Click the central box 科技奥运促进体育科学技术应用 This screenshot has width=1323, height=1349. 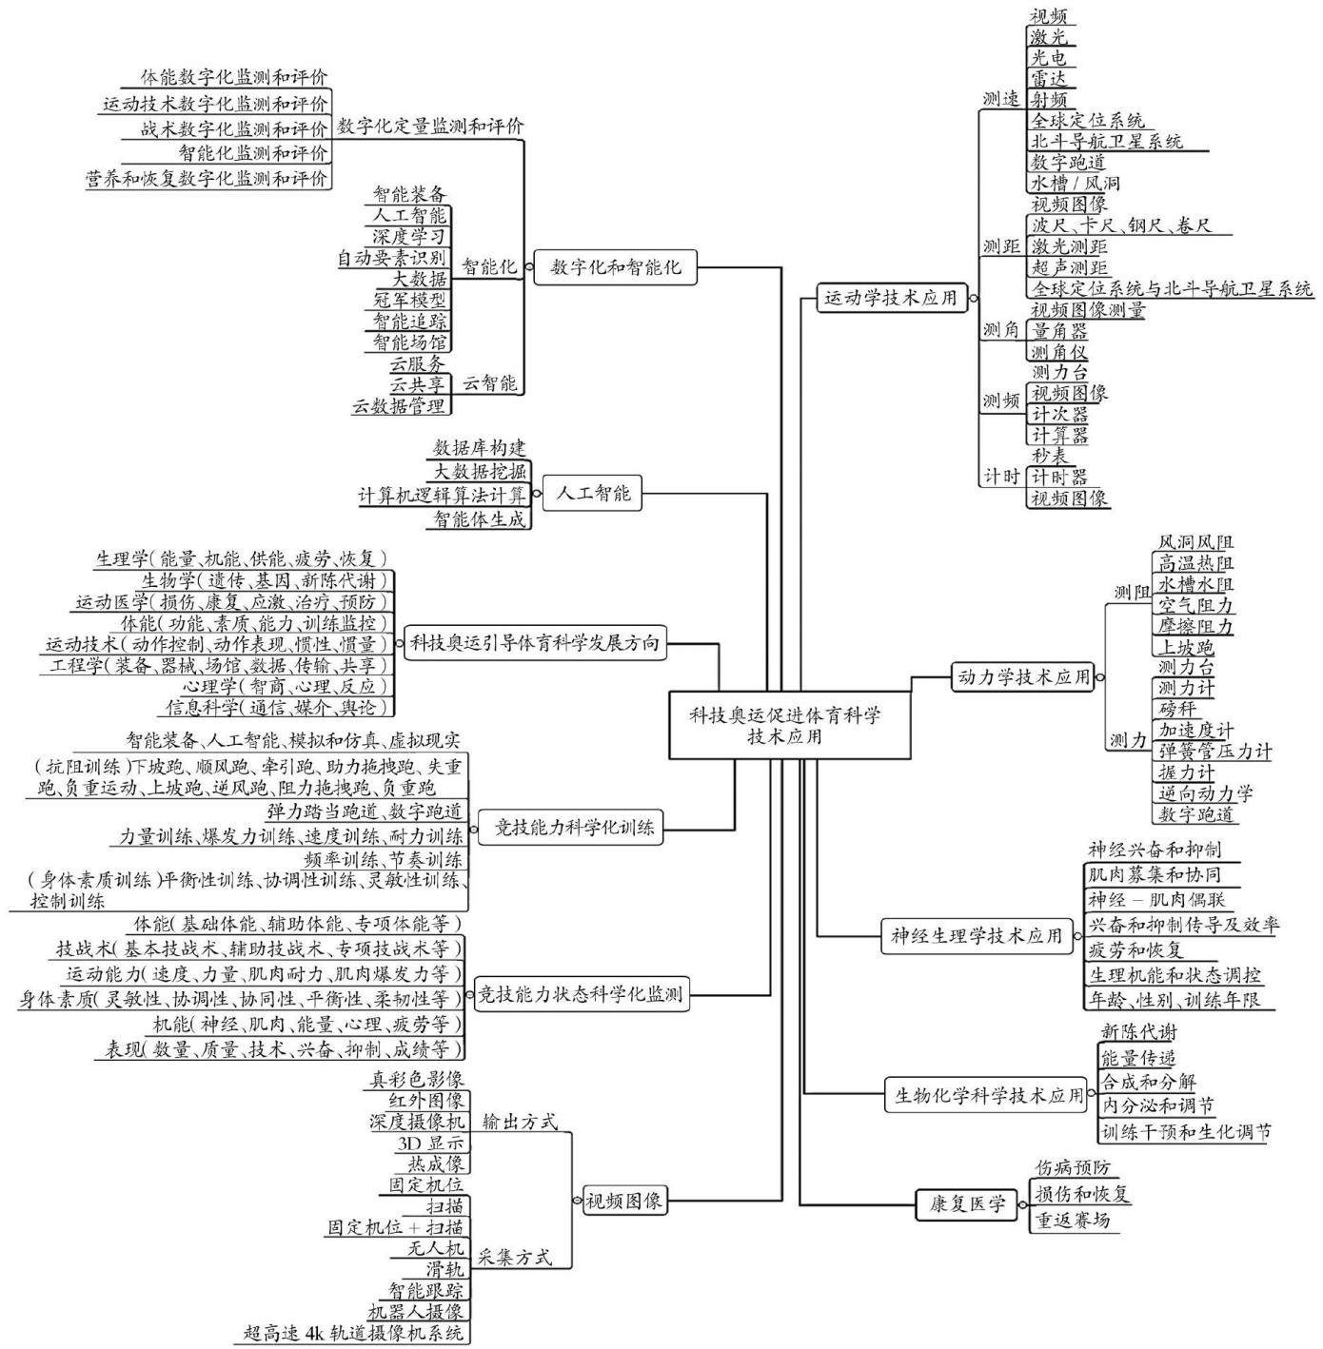(x=790, y=725)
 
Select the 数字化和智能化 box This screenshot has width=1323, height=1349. (x=615, y=266)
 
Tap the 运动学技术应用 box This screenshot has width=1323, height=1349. (x=891, y=298)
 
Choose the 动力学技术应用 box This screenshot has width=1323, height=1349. (x=1022, y=677)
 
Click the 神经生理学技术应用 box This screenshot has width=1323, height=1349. (x=977, y=936)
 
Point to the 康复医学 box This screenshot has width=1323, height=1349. (x=967, y=1204)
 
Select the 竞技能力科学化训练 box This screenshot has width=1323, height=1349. (x=570, y=828)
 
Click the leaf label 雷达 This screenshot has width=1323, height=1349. (x=1048, y=78)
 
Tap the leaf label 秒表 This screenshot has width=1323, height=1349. (x=1050, y=457)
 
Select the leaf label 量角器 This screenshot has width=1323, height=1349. (x=1058, y=330)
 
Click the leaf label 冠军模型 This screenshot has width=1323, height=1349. (x=409, y=301)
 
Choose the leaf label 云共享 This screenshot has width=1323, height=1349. (x=418, y=384)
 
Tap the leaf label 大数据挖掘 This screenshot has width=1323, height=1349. (x=480, y=471)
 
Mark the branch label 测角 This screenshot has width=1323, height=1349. (x=1001, y=330)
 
